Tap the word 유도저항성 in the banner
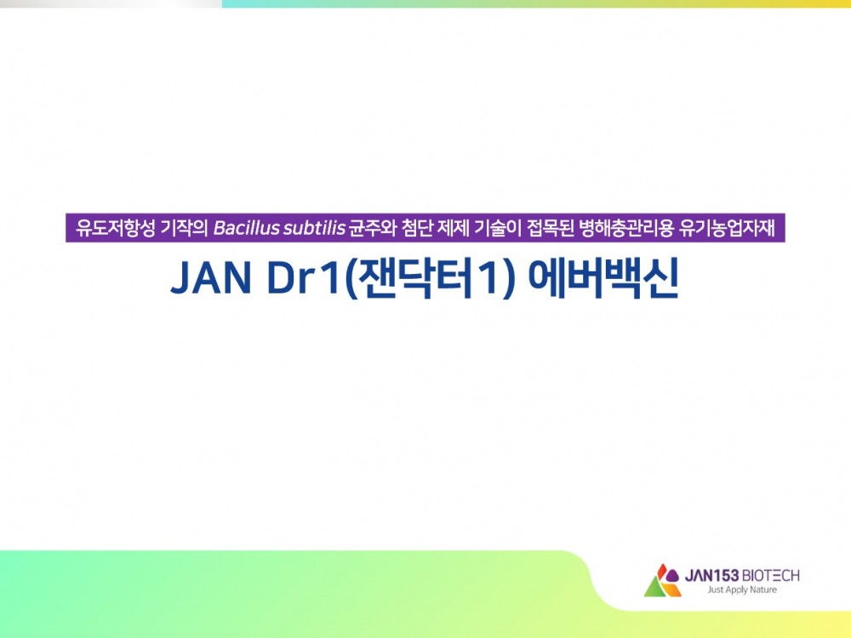pyautogui.click(x=116, y=228)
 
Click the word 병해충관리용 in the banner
pyautogui.click(x=626, y=228)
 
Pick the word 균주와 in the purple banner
pyautogui.click(x=373, y=228)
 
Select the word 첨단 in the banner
pyautogui.click(x=418, y=228)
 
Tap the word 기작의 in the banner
pyautogui.click(x=185, y=228)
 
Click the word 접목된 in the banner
pyautogui.click(x=551, y=228)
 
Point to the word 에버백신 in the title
pyautogui.click(x=603, y=279)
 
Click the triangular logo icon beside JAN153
pyautogui.click(x=662, y=580)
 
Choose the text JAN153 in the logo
pyautogui.click(x=711, y=575)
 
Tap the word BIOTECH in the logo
pyautogui.click(x=770, y=575)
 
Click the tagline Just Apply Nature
pyautogui.click(x=742, y=590)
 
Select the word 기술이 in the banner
pyautogui.click(x=497, y=228)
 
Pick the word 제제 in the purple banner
pyautogui.click(x=454, y=228)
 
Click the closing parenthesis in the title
pyautogui.click(x=508, y=279)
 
